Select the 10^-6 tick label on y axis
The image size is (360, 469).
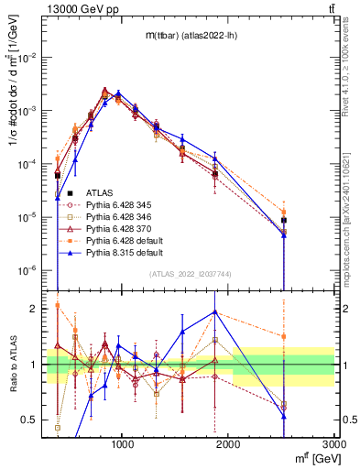(x=30, y=271)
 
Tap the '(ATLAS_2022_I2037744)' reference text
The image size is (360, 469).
(x=190, y=274)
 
